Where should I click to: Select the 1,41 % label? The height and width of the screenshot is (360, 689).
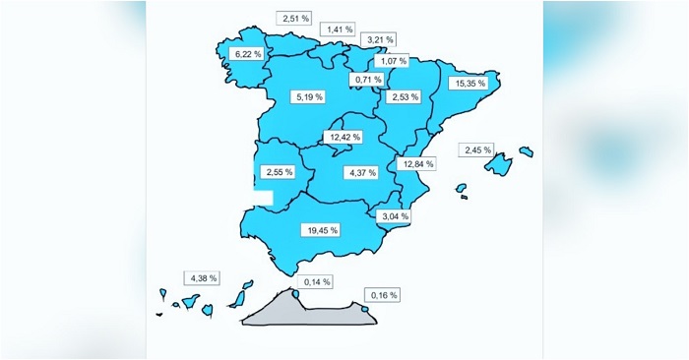click(x=342, y=30)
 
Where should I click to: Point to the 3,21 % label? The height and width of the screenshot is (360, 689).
click(x=378, y=40)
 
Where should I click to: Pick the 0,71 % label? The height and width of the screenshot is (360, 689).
click(x=368, y=78)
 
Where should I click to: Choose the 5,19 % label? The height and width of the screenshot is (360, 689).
click(x=308, y=96)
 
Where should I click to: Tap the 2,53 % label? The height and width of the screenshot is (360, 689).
click(x=405, y=96)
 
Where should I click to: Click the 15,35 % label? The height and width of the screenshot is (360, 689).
click(x=469, y=84)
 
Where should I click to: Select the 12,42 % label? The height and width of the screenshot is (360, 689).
click(x=344, y=138)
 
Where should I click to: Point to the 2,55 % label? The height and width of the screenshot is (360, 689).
click(x=280, y=172)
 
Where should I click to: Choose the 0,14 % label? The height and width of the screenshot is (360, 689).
click(x=317, y=282)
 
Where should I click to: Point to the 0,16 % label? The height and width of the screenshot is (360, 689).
click(x=381, y=295)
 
